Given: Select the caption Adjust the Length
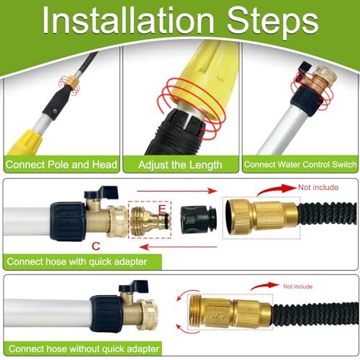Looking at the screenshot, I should tap(180, 165).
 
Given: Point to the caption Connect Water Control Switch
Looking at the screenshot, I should tap(300, 165).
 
